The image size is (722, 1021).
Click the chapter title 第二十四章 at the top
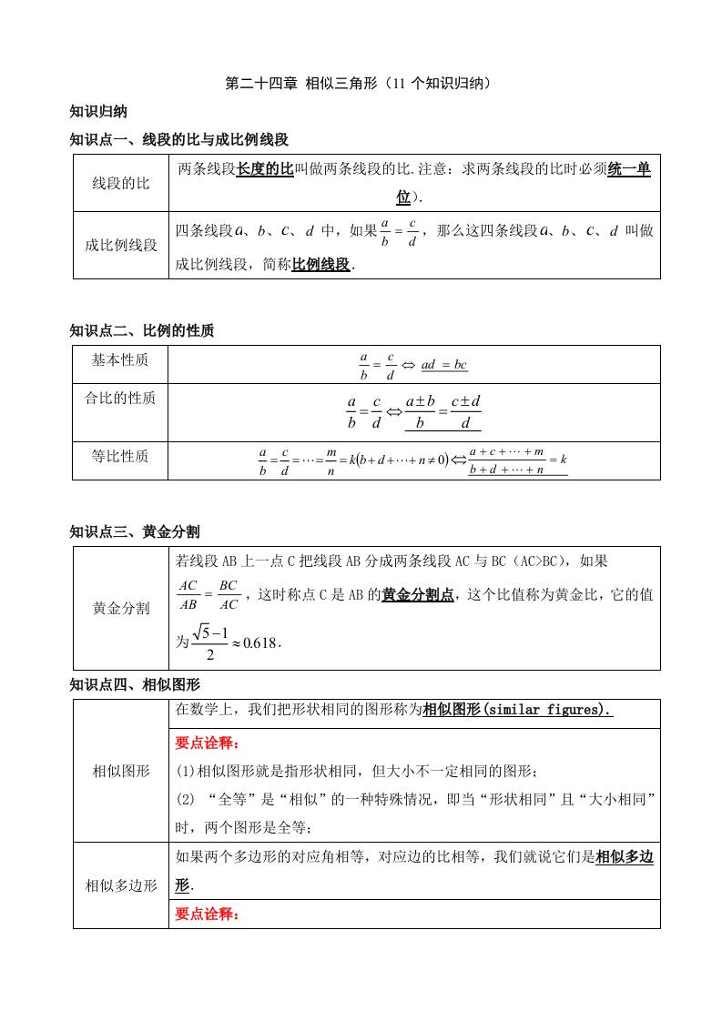pyautogui.click(x=259, y=84)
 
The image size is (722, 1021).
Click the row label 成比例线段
pyautogui.click(x=121, y=245)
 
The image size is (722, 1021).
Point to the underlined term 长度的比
pyautogui.click(x=265, y=169)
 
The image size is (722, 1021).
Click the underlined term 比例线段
pyautogui.click(x=320, y=265)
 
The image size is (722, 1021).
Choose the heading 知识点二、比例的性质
pyautogui.click(x=142, y=330)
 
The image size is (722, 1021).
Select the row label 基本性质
pyautogui.click(x=120, y=360)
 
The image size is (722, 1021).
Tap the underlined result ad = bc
pyautogui.click(x=444, y=365)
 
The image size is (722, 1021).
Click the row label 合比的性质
pyautogui.click(x=120, y=398)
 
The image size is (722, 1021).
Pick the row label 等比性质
pyautogui.click(x=120, y=456)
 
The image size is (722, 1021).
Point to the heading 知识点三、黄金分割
pyautogui.click(x=135, y=531)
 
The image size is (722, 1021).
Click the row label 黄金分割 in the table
pyautogui.click(x=121, y=608)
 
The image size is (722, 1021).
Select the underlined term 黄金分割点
pyautogui.click(x=418, y=595)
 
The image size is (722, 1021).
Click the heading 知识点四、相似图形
pyautogui.click(x=135, y=684)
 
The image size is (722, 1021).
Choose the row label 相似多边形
pyautogui.click(x=121, y=885)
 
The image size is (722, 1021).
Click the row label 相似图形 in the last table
pyautogui.click(x=121, y=771)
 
